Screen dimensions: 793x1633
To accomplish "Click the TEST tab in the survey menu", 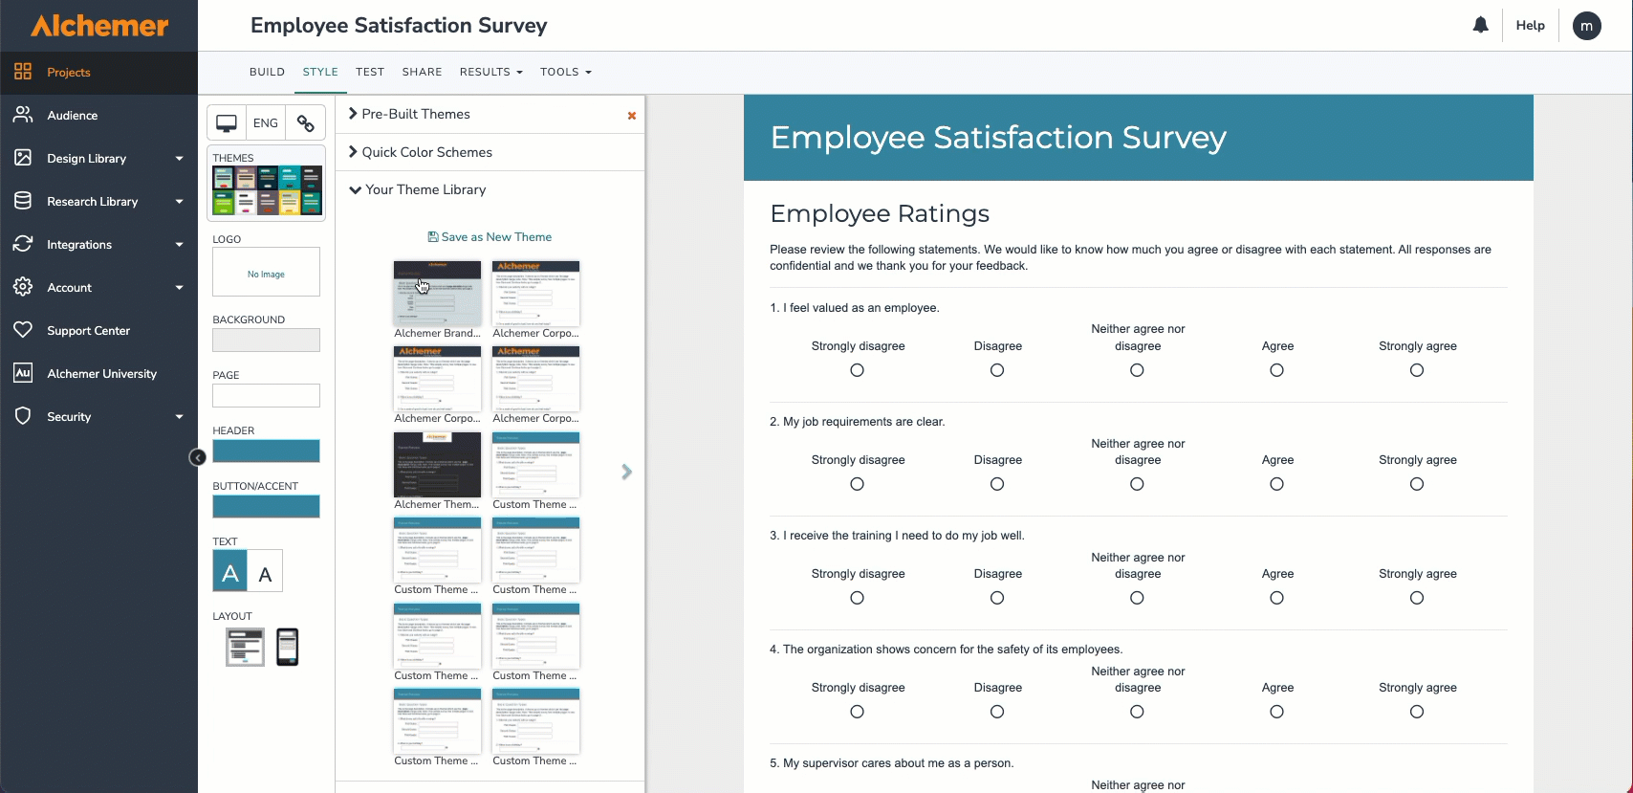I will click(x=369, y=72).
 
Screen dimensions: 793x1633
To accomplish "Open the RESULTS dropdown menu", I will click(x=490, y=72).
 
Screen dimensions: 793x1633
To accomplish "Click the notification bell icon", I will click(x=1480, y=26).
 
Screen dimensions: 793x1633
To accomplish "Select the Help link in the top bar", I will click(x=1530, y=26).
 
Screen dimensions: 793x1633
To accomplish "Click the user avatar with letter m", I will click(x=1586, y=26).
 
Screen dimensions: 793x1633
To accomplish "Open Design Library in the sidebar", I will click(x=87, y=159).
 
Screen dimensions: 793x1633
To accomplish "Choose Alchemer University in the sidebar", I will click(x=101, y=374).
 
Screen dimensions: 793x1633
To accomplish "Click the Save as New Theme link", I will click(x=490, y=237).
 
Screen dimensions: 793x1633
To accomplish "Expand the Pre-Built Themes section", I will click(x=415, y=114).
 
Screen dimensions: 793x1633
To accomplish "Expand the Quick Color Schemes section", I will click(x=426, y=152).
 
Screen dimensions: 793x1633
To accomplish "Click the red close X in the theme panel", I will click(x=631, y=116).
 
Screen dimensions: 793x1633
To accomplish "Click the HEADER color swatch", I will click(x=266, y=451).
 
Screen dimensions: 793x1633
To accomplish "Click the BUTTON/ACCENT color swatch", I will click(x=266, y=506).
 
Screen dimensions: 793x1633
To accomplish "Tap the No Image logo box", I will click(x=266, y=274).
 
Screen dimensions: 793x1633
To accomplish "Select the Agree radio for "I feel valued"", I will click(x=1276, y=370).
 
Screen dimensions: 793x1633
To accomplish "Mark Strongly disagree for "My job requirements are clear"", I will click(x=857, y=484).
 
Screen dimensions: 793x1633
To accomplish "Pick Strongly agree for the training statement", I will click(x=1416, y=598).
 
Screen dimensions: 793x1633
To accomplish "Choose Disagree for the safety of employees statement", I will click(x=996, y=712).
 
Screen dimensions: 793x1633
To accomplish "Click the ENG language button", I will click(x=266, y=123).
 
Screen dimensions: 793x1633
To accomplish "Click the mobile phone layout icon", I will click(x=287, y=647).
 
